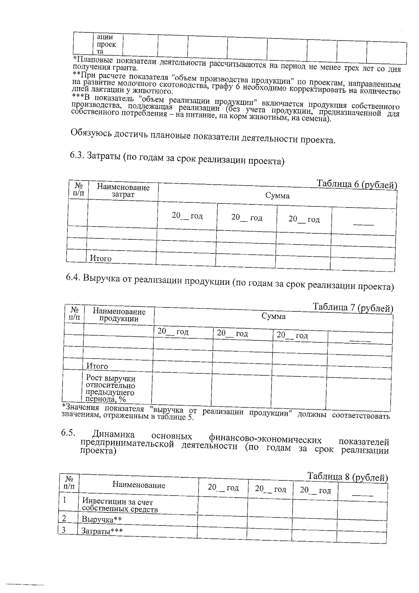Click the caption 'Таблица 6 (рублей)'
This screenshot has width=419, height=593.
(356, 184)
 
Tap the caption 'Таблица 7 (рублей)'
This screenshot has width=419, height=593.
(353, 308)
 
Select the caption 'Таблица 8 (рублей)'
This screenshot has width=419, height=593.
(347, 477)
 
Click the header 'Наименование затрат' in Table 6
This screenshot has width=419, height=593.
(123, 191)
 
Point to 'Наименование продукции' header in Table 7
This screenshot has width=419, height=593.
(119, 315)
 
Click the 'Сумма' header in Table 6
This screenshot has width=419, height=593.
(277, 196)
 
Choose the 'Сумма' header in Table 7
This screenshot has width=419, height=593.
(273, 317)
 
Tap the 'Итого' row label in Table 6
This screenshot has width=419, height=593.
(101, 259)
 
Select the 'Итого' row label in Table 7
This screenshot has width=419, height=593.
(97, 366)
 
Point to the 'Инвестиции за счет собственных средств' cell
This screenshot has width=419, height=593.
(119, 506)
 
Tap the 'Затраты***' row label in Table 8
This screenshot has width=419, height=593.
(102, 531)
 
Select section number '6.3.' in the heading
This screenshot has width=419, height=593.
(77, 155)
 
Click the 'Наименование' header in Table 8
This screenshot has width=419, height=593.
(139, 485)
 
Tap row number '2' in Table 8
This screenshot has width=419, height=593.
(64, 518)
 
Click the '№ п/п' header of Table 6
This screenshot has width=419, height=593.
(79, 189)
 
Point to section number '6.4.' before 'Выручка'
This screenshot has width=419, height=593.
(73, 278)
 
